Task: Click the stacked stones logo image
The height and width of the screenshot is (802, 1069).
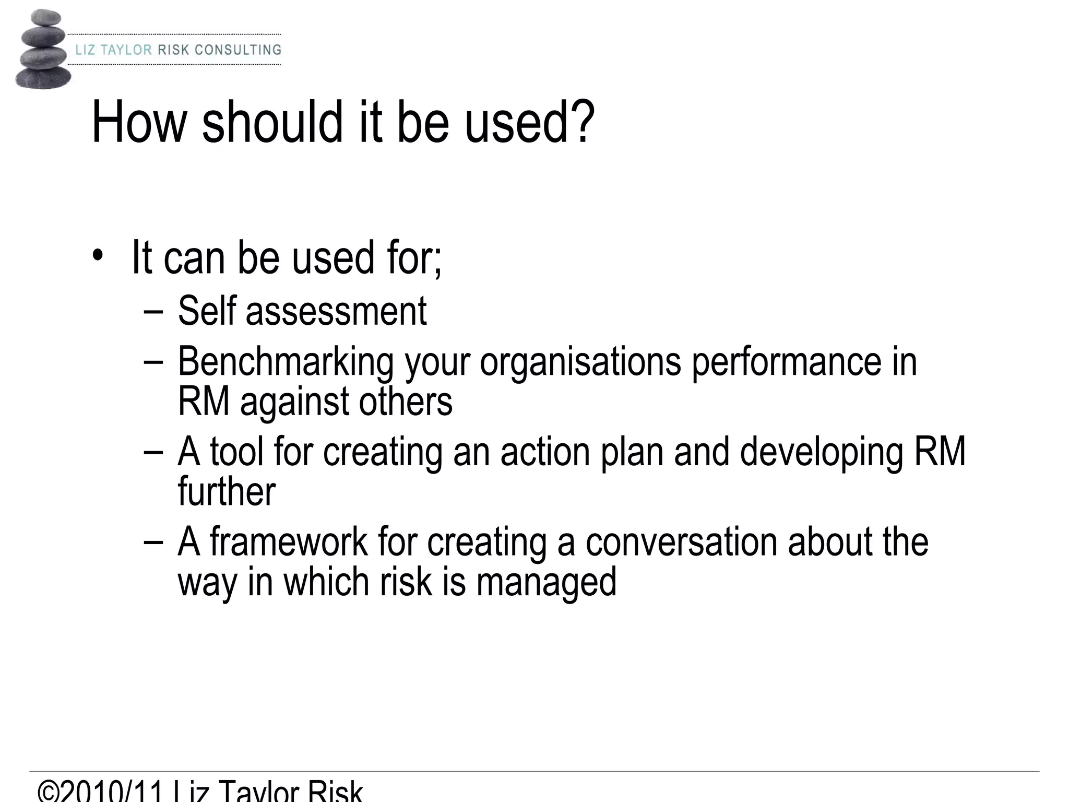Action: tap(43, 50)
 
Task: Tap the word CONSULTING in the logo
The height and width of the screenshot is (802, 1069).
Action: tap(238, 50)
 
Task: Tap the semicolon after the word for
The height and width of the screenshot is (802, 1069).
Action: tap(437, 261)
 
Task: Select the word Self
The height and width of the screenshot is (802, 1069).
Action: tap(207, 311)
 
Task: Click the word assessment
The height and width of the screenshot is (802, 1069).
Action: tap(336, 312)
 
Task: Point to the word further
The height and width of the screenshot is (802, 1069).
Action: tap(227, 491)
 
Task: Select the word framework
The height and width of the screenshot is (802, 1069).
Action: tap(289, 541)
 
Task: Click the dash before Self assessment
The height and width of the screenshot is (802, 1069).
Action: tap(153, 312)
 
